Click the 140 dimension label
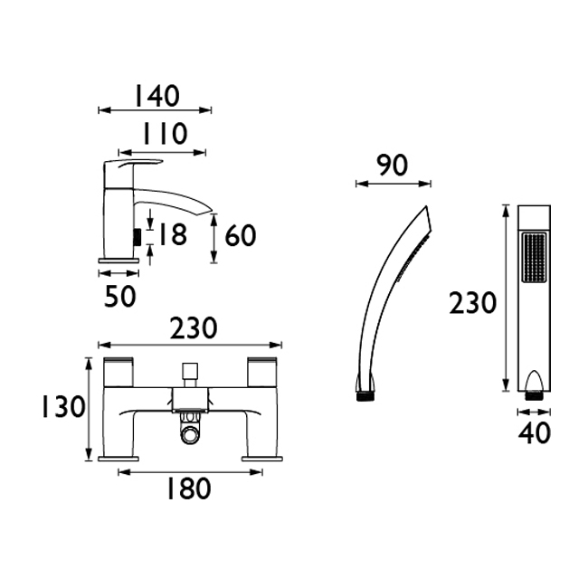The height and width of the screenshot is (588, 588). click(157, 95)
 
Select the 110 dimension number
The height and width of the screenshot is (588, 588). click(165, 134)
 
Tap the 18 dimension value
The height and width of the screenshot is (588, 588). click(173, 234)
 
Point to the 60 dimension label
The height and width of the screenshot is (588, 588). click(241, 235)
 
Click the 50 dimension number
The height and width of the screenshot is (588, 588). click(119, 296)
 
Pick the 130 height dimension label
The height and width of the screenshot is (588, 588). click(63, 407)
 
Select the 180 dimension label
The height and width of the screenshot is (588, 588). click(188, 488)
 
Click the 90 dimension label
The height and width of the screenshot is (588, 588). click(392, 166)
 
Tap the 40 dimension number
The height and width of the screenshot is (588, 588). click(535, 433)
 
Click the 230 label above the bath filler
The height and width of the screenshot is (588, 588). click(194, 328)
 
